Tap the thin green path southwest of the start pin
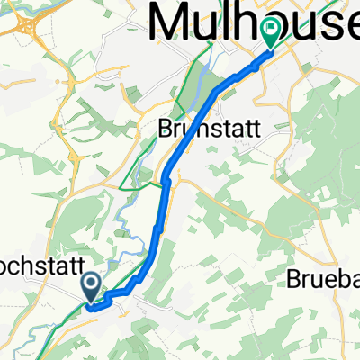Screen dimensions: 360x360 point(63,319)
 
